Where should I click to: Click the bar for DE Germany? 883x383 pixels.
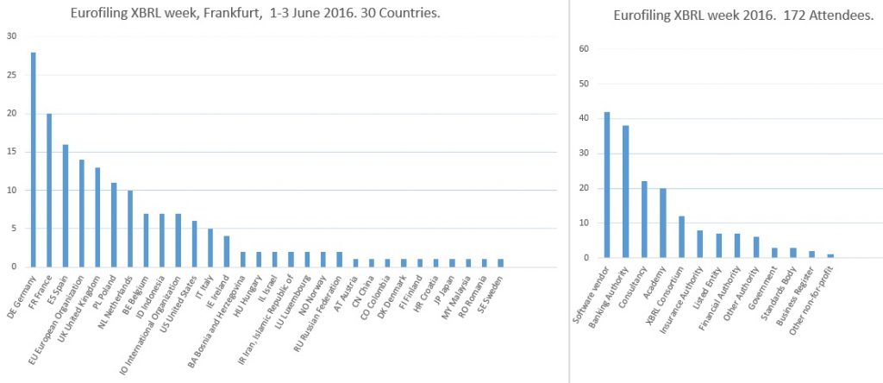tap(34, 160)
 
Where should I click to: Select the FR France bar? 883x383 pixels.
tap(49, 190)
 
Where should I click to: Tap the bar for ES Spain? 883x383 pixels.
tap(66, 205)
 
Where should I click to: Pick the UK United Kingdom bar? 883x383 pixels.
tap(97, 217)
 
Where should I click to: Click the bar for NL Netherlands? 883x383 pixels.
tap(129, 229)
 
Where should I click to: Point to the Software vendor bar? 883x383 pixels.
tap(607, 185)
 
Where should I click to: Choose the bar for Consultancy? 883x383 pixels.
tap(644, 219)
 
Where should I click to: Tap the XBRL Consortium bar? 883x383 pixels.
tap(681, 236)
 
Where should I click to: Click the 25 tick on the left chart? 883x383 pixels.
tap(11, 74)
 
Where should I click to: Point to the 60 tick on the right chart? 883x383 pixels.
tap(584, 49)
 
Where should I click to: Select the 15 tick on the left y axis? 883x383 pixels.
tap(11, 151)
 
